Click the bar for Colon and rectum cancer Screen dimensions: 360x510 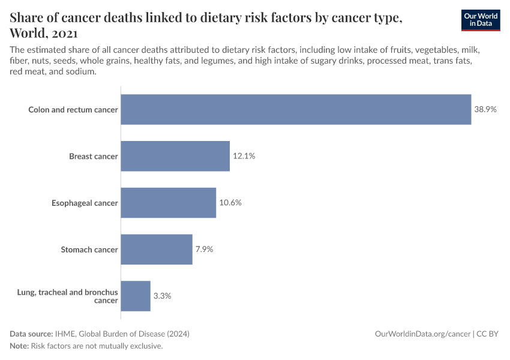click(296, 110)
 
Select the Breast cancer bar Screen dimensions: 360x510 click(175, 156)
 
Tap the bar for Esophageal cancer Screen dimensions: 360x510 click(168, 203)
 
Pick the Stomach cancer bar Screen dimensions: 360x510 click(157, 250)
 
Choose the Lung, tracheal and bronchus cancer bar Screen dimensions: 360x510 click(136, 296)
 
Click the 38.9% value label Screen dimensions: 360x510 click(485, 110)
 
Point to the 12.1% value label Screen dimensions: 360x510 click(244, 156)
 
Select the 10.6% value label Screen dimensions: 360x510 click(230, 203)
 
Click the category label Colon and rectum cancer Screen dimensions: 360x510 click(73, 110)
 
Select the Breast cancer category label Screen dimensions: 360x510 click(93, 157)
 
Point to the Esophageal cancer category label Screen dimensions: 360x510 click(85, 203)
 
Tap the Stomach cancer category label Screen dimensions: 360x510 click(89, 250)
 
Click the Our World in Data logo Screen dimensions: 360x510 click(480, 20)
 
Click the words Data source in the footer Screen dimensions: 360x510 click(31, 334)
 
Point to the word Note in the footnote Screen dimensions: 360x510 click(19, 346)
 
